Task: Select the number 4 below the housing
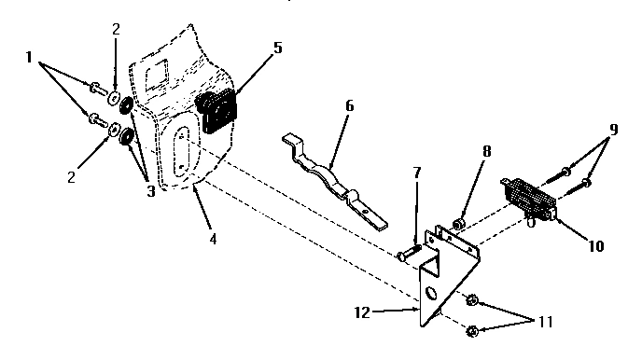[x=213, y=238]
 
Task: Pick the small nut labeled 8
[x=459, y=224]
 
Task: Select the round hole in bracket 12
[x=432, y=297]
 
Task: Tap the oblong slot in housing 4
[x=182, y=152]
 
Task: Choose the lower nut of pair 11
[x=472, y=330]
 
